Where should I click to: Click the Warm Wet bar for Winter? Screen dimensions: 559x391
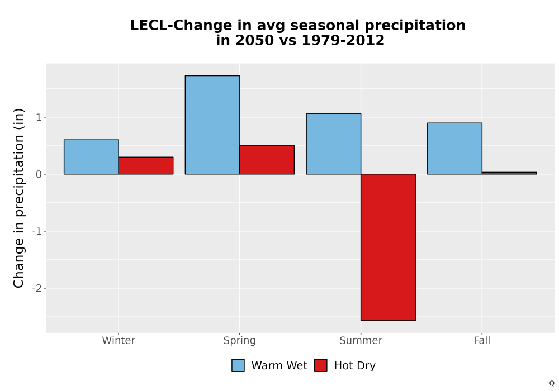tap(91, 157)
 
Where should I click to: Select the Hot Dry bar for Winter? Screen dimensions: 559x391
tap(146, 165)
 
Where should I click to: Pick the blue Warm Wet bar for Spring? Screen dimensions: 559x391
tap(212, 125)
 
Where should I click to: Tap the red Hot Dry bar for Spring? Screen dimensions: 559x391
tap(267, 160)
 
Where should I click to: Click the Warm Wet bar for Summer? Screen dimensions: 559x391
tap(334, 144)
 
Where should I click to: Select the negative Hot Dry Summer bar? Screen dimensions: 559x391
tap(389, 247)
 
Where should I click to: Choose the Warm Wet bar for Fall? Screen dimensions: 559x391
tap(455, 149)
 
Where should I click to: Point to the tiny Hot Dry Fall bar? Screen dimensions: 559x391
tap(509, 173)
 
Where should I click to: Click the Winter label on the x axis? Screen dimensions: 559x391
tap(119, 340)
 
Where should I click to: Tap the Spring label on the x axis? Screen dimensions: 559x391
tap(240, 341)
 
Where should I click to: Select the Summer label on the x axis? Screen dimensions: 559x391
tap(361, 340)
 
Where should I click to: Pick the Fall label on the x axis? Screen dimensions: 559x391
tap(482, 340)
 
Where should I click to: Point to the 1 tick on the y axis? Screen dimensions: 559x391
tap(39, 117)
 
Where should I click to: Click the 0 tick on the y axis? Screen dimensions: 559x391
tap(39, 174)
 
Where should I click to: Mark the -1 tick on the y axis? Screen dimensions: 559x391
tap(37, 231)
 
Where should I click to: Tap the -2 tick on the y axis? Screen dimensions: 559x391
tap(37, 288)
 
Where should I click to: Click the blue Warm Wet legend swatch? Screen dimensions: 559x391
tap(238, 365)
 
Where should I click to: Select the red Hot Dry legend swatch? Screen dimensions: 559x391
tap(321, 365)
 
